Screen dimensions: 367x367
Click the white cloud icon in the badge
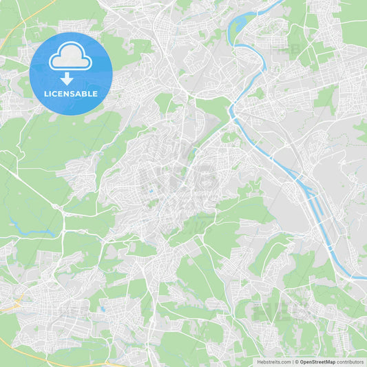click(x=71, y=59)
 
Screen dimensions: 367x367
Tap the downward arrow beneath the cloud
click(x=71, y=79)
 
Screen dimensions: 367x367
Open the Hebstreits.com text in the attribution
click(x=273, y=361)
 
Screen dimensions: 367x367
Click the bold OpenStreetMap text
click(x=317, y=361)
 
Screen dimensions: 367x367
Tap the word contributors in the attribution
click(x=350, y=361)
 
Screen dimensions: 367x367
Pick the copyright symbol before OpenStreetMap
click(x=297, y=361)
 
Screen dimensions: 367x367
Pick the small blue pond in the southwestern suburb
click(x=101, y=309)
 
